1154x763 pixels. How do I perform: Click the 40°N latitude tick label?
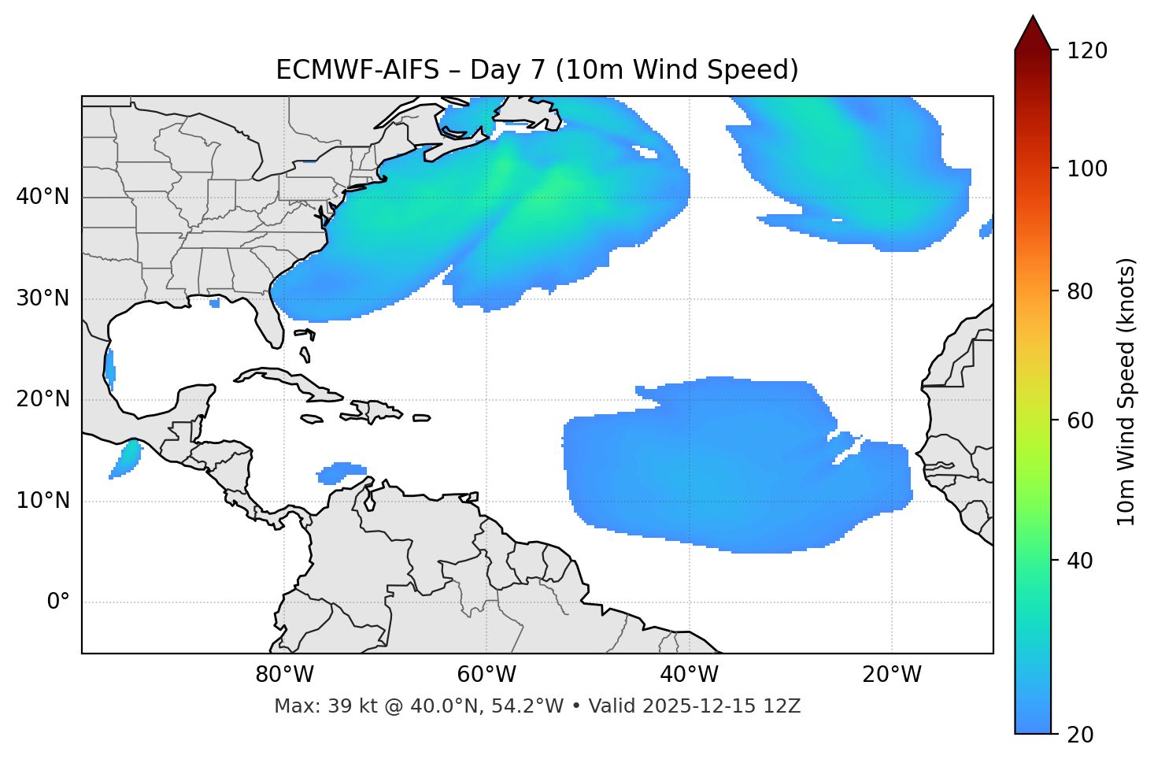click(x=43, y=197)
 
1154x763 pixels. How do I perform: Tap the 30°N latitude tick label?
click(x=43, y=298)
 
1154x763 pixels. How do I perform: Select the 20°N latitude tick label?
click(x=43, y=399)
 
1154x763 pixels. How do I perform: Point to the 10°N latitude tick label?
click(x=43, y=501)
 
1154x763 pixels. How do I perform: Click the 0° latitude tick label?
click(x=57, y=602)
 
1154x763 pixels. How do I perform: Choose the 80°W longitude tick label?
click(x=284, y=675)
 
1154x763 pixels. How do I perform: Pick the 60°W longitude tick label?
click(x=486, y=675)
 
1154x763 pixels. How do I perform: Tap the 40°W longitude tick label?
click(x=690, y=675)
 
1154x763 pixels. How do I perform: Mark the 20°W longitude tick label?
click(x=892, y=675)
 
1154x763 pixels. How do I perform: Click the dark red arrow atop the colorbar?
click(x=1033, y=33)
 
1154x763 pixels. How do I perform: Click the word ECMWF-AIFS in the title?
click(x=357, y=70)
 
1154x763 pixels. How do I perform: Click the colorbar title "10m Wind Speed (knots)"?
click(x=1126, y=392)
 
